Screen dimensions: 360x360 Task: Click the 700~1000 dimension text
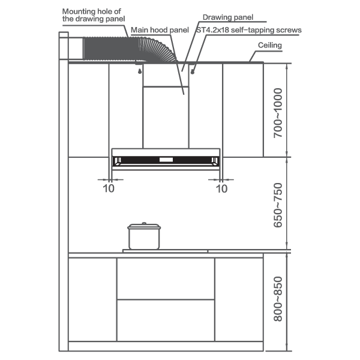[x=278, y=113]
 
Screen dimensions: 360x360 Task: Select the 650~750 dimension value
[x=278, y=205]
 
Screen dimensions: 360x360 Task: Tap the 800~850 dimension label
[x=278, y=299]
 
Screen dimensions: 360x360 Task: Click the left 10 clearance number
[x=109, y=189]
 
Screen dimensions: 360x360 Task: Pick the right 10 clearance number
[x=221, y=189]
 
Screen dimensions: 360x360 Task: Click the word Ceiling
[x=270, y=45]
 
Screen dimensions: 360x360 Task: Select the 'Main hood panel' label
[x=160, y=30]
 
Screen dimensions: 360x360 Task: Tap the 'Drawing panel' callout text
[x=228, y=17]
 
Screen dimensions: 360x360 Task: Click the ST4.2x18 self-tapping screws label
[x=249, y=30]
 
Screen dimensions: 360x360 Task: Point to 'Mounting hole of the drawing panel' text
[x=94, y=15]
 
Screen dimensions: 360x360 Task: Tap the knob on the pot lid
[x=144, y=223]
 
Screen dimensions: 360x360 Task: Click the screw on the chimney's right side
[x=193, y=72]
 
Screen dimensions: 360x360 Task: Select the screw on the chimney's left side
[x=140, y=71]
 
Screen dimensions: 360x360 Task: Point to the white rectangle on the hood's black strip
[x=166, y=160]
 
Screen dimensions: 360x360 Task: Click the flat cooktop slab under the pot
[x=165, y=251]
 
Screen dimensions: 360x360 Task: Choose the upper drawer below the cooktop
[x=166, y=278]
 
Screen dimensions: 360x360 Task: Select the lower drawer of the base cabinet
[x=166, y=320]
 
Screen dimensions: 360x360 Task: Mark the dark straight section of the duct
[x=111, y=49]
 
